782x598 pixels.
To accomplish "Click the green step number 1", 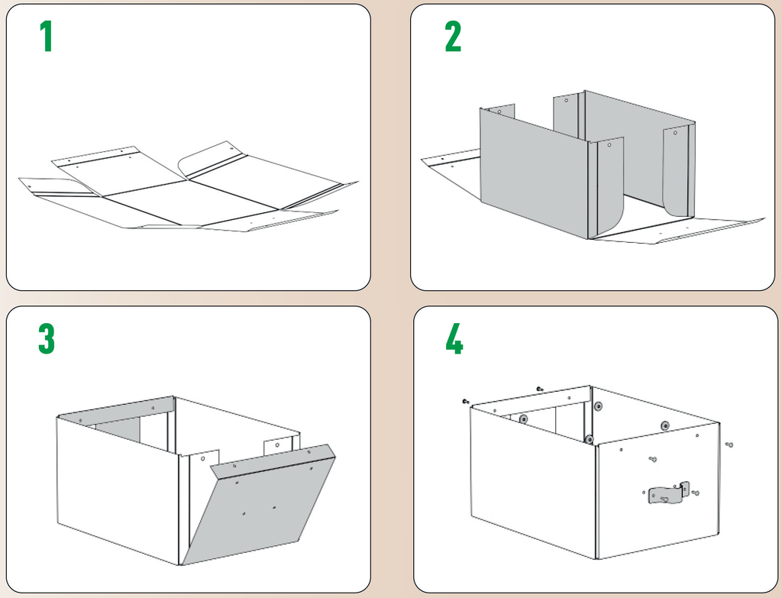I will pos(47,37).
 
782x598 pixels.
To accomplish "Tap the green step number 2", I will pos(453,37).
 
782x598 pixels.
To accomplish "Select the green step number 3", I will pos(47,340).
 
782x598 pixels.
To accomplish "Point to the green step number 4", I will pos(454,340).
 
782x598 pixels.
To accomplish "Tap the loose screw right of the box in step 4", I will pos(729,444).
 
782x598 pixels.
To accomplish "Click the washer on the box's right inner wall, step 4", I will pos(666,425).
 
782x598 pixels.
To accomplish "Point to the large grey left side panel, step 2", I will pos(535,172).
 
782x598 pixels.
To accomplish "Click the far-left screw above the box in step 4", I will pos(466,401).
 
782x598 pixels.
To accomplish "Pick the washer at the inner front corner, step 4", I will pos(590,439).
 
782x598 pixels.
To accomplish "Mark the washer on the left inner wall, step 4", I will pos(524,419).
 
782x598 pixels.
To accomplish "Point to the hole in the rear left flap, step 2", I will pos(499,112).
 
